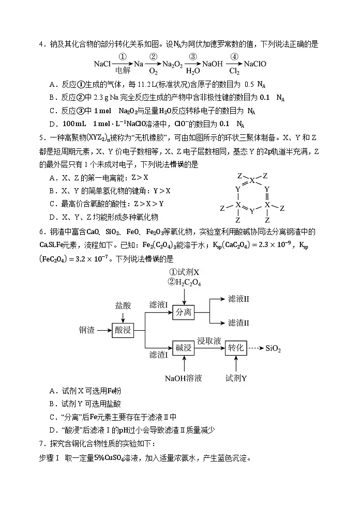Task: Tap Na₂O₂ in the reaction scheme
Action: click(171, 65)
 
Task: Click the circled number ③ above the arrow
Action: click(192, 57)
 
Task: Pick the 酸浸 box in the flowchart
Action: click(124, 329)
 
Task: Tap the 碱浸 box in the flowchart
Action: click(184, 347)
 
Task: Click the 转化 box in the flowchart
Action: click(236, 347)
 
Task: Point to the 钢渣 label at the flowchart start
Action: click(87, 330)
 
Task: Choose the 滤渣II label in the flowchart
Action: click(238, 322)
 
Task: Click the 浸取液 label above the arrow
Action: click(209, 341)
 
